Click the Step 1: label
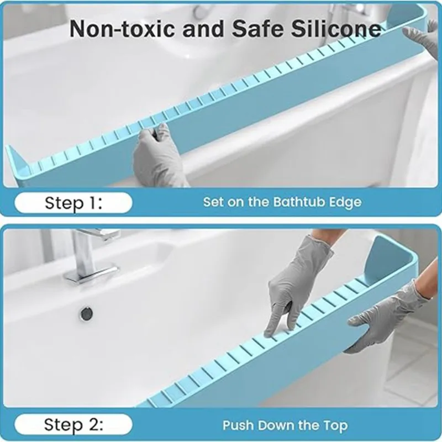(x=73, y=203)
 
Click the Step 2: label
(x=73, y=425)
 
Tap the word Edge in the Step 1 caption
(x=346, y=202)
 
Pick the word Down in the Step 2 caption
(x=275, y=425)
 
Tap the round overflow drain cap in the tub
(x=86, y=313)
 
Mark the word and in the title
(x=193, y=29)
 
